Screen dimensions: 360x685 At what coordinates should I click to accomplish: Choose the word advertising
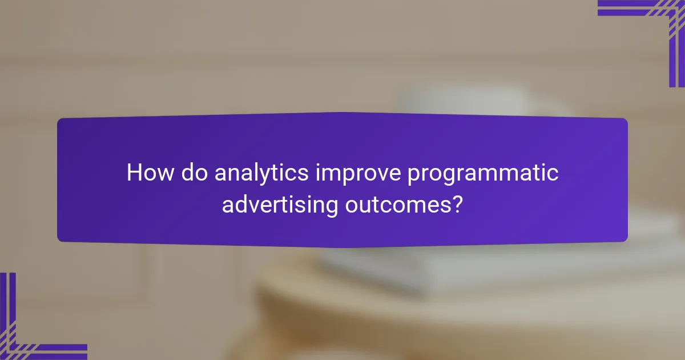point(280,205)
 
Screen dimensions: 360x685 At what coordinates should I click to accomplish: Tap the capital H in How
point(134,173)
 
